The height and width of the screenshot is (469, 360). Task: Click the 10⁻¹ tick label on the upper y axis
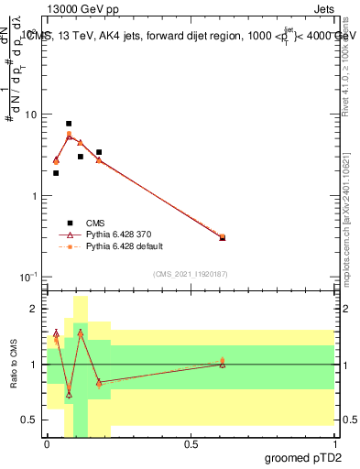(27, 276)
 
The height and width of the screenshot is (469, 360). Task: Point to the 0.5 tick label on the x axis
(191, 442)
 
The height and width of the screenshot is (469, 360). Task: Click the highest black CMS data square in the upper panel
(69, 124)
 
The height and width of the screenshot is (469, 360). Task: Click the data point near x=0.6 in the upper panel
(223, 237)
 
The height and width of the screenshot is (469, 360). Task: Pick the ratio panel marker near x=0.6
(223, 363)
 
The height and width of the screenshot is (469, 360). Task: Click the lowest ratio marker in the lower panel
(69, 395)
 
